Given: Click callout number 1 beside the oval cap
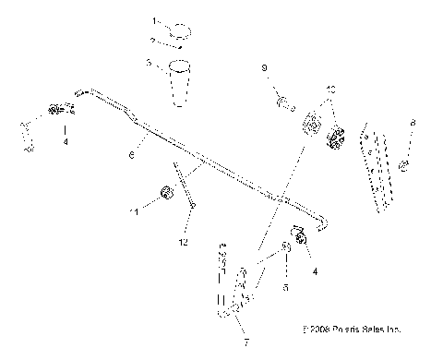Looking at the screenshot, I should click(x=154, y=19).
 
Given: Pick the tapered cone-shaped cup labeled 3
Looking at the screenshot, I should click(x=181, y=84).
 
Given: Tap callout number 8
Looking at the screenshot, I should click(x=413, y=123).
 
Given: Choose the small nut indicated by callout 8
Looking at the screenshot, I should click(x=404, y=165).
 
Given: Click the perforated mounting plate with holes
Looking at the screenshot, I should click(x=377, y=166).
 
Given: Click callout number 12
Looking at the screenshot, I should click(x=185, y=243).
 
